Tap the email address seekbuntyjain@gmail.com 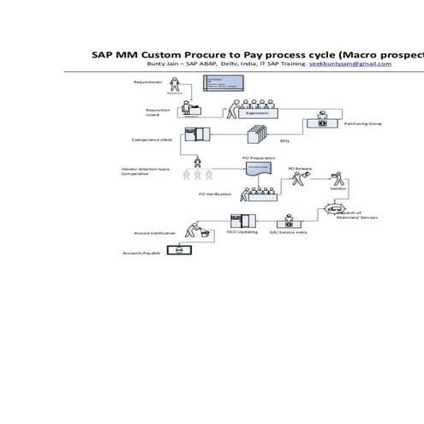351,64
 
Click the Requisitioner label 147,82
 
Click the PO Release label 299,169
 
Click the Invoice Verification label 155,232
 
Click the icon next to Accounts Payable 179,251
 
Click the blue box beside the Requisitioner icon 220,83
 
